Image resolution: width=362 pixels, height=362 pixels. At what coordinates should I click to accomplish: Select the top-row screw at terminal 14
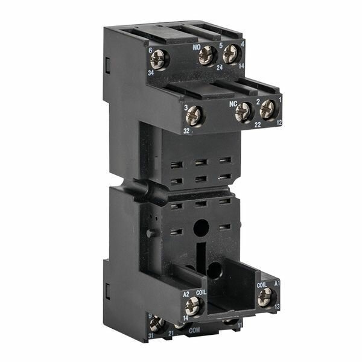[231, 54]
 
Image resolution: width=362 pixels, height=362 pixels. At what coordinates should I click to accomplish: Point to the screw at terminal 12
[267, 109]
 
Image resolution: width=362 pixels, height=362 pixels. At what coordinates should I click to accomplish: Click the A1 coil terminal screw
[264, 297]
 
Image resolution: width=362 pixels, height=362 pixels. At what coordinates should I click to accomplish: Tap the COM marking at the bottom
[194, 331]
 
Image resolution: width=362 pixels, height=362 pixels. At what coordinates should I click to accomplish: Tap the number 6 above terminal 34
[150, 51]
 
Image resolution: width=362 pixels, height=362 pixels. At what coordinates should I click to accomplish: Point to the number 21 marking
[171, 332]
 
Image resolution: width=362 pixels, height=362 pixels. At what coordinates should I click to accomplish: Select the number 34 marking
[151, 73]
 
